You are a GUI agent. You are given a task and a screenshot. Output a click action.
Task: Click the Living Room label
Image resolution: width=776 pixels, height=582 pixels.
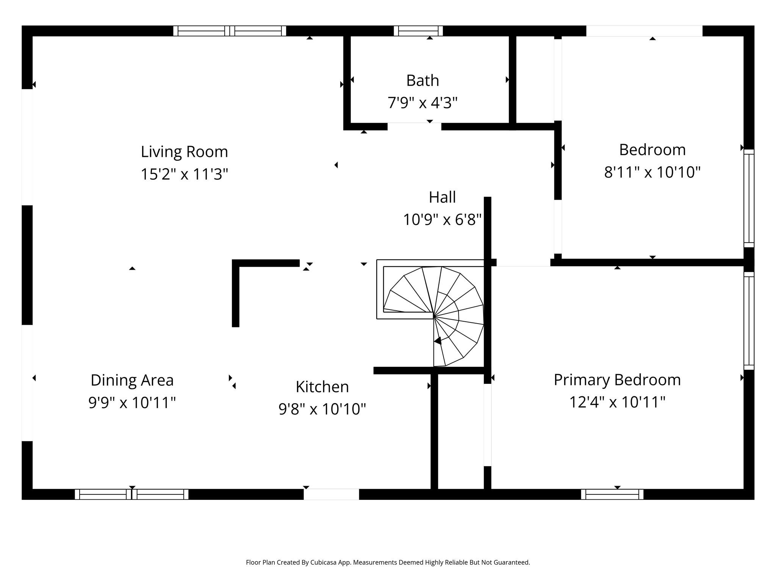pos(185,152)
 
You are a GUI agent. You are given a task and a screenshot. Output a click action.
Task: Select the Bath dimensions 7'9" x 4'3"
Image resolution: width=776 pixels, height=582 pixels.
pos(422,103)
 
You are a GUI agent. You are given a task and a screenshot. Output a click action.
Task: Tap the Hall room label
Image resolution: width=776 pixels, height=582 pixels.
pos(442,197)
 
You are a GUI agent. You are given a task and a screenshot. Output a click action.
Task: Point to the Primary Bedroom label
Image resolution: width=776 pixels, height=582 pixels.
pos(617,380)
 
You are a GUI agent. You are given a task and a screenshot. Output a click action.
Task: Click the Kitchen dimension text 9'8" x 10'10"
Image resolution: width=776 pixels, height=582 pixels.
pos(322,409)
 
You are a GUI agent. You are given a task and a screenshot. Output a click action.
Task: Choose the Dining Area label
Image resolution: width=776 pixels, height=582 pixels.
pos(132,380)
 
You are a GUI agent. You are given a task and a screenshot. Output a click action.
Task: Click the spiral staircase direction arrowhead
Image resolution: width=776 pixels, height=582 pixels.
pos(438,341)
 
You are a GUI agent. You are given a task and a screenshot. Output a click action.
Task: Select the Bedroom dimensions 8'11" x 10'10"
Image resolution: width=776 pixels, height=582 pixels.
pos(652,172)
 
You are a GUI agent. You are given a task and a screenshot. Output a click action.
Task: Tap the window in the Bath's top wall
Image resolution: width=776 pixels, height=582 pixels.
pos(418,31)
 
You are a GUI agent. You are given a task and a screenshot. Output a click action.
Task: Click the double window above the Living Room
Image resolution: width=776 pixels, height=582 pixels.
pos(230,31)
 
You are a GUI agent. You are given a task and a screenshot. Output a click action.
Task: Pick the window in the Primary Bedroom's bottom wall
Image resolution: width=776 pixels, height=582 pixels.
pos(612,494)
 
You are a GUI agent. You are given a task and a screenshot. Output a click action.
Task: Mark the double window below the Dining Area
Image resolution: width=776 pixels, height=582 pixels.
pos(131,494)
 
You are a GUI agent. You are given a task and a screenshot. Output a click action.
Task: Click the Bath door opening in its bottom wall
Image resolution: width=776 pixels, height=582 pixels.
pos(414,127)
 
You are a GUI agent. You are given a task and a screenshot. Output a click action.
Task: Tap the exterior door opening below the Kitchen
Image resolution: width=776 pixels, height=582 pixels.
pos(331,494)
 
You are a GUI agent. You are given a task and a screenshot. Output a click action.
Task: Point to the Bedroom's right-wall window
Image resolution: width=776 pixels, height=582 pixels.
pos(749,198)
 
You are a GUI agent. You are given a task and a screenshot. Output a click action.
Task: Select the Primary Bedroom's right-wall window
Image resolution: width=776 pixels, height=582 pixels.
pos(749,321)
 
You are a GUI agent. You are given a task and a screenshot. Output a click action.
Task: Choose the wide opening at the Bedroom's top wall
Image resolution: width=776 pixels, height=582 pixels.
pos(644,31)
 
